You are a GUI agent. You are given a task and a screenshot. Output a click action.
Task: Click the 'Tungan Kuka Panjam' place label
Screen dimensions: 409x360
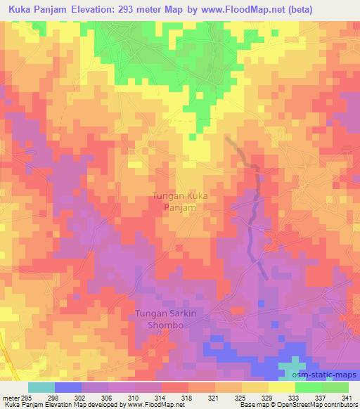[179, 203]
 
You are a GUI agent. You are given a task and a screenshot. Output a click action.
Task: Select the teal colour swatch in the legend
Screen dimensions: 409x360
[41, 387]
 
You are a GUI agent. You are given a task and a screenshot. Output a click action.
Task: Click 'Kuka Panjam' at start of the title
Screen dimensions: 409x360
[37, 8]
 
